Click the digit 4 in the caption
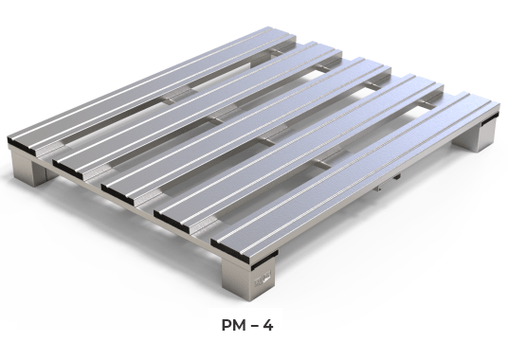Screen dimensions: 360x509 (268, 326)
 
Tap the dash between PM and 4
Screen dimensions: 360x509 (254, 326)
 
